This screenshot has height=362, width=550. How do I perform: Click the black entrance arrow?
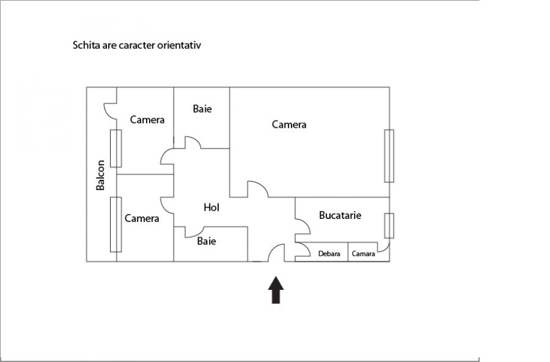point(276,290)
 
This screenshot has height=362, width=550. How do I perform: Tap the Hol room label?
point(211,207)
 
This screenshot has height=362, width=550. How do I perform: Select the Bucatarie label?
point(340,215)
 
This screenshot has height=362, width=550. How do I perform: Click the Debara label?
point(329,254)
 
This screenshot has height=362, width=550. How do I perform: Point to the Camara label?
point(363,254)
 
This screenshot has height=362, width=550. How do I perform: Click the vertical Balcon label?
point(100,175)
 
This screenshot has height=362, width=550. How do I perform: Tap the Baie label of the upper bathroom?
point(202,108)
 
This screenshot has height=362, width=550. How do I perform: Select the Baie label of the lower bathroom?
point(207,241)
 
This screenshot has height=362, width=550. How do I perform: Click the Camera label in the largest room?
point(289,124)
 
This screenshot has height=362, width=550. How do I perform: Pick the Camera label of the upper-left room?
point(147,120)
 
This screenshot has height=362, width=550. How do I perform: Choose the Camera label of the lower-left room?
point(142,218)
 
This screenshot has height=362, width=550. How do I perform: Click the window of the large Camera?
point(389,156)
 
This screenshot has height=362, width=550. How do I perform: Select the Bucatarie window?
point(389,226)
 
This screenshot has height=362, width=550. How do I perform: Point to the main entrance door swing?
point(276,253)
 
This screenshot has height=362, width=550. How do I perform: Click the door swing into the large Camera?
point(258,189)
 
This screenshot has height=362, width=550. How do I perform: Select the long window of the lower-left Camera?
point(116,224)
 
